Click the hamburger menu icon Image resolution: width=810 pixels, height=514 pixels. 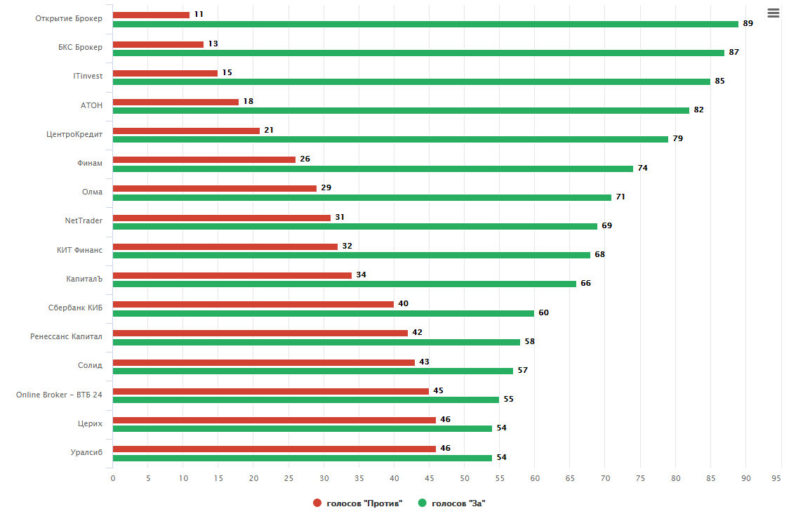[774, 13]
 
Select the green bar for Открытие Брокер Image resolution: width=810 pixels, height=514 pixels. [425, 24]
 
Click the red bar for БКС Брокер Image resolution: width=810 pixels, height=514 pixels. [158, 44]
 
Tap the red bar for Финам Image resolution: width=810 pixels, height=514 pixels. [204, 159]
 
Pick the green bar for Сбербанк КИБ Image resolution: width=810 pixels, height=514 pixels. [324, 313]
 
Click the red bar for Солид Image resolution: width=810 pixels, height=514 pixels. [264, 362]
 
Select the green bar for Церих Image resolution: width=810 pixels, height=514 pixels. [303, 428]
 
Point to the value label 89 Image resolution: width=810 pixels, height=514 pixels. [748, 24]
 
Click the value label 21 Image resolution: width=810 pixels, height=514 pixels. [270, 131]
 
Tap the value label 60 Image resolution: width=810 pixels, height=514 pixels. [544, 312]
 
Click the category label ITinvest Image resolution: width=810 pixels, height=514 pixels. [88, 76]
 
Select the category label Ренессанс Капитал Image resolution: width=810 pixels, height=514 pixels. [66, 336]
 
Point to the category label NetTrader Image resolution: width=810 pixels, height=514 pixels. [84, 220]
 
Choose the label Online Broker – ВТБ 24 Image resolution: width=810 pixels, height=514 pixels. [59, 395]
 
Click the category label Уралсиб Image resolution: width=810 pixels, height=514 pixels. [87, 452]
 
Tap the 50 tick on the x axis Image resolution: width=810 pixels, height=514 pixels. [465, 478]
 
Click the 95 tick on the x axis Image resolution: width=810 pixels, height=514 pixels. [776, 478]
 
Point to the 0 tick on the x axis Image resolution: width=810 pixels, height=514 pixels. [113, 478]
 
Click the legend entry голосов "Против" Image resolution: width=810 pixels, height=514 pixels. [358, 503]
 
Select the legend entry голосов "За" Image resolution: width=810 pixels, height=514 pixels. [452, 503]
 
